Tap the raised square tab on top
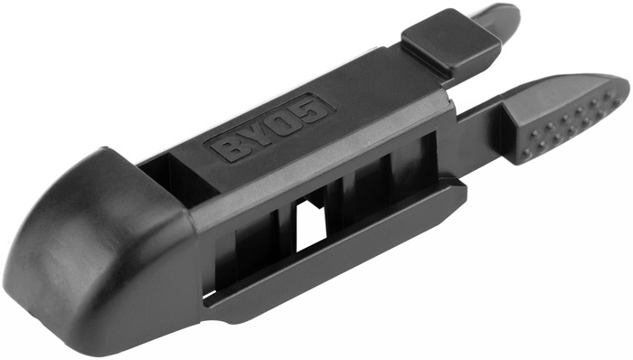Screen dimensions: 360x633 click(449, 41)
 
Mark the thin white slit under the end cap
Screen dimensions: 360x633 click(209, 295)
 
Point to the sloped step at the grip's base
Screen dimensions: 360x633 click(515, 136)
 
